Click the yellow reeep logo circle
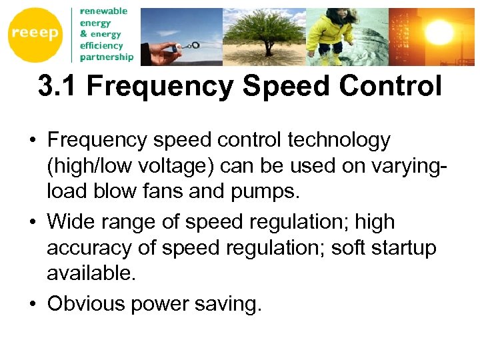pos(35,35)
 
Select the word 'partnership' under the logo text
pos(107,57)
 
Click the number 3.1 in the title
pos(58,87)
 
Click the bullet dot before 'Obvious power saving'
pos(31,304)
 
